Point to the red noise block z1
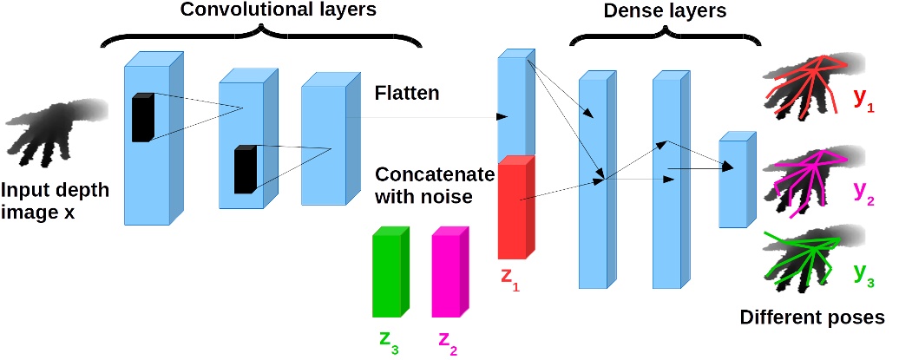[517, 208]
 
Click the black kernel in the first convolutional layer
[142, 117]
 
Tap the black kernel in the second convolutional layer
[246, 169]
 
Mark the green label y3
[864, 271]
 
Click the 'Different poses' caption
[811, 317]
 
